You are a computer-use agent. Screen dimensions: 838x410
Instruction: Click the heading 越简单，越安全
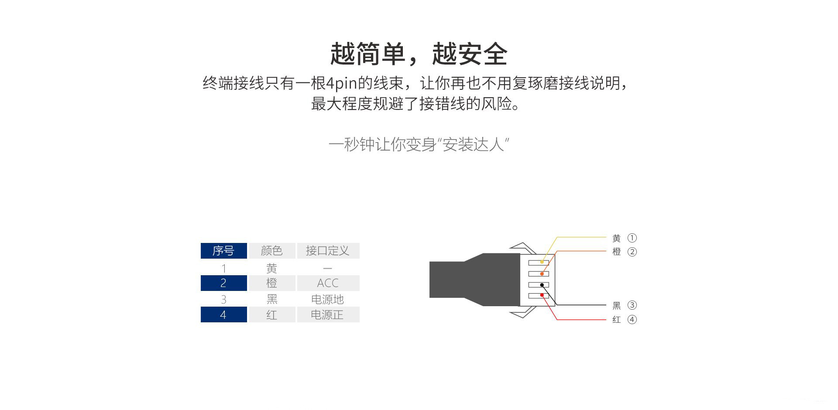coord(419,54)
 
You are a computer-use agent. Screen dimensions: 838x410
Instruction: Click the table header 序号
coord(223,251)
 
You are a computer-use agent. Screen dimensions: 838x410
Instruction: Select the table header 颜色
coord(271,251)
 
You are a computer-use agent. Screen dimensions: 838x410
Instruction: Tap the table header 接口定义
coord(328,251)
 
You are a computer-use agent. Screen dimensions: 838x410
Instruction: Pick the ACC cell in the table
coord(328,283)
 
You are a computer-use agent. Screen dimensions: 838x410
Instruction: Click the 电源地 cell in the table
coord(328,299)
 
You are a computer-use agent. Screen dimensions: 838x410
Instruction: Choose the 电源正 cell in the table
coord(328,314)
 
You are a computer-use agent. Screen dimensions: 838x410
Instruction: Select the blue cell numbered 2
coord(223,283)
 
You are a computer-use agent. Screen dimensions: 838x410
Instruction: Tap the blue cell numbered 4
coord(223,314)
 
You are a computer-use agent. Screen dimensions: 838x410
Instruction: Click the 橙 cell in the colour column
coord(271,283)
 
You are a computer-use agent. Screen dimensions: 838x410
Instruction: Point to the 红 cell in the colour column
coord(271,314)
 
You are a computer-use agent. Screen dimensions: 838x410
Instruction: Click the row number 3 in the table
coord(223,300)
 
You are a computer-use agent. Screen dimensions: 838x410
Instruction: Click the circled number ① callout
coord(632,238)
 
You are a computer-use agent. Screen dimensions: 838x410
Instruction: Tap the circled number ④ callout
coord(632,320)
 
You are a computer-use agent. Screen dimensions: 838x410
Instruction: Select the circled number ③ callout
coord(632,305)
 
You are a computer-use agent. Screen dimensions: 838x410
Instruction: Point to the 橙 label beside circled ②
coord(616,252)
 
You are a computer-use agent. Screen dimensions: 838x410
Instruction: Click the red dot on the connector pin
coord(542,295)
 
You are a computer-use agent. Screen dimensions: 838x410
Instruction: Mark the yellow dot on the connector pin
coord(542,262)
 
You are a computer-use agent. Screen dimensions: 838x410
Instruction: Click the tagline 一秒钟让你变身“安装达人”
coord(419,144)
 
